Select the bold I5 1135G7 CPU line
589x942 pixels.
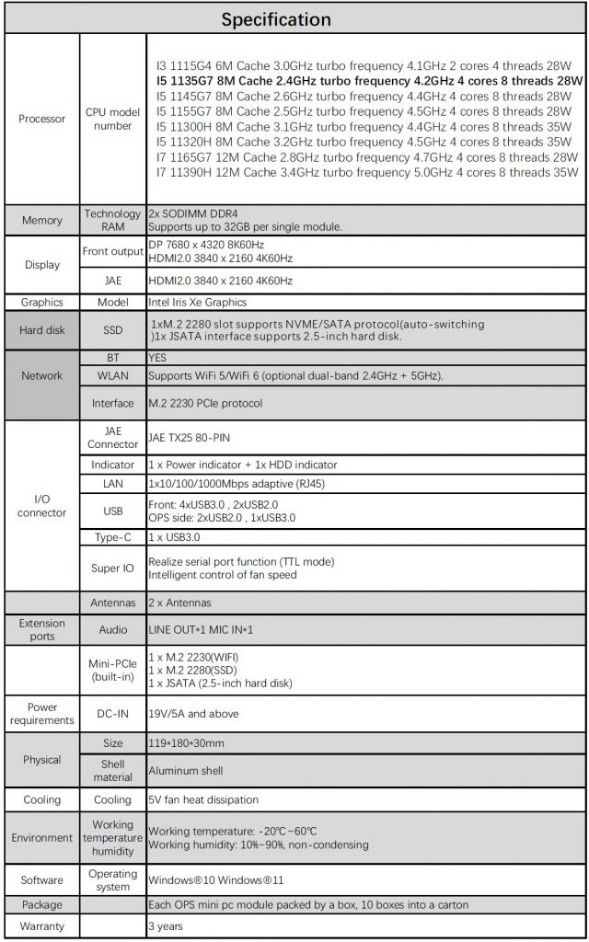370,81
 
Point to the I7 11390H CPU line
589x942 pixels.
367,172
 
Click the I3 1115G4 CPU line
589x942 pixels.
364,66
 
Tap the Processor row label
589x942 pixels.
41,119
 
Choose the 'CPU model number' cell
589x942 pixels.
112,119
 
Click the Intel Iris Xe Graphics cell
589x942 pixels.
198,302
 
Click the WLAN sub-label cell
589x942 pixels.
112,375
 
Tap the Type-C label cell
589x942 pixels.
112,536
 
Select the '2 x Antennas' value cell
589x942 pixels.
180,603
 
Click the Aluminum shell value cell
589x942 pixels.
186,770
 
